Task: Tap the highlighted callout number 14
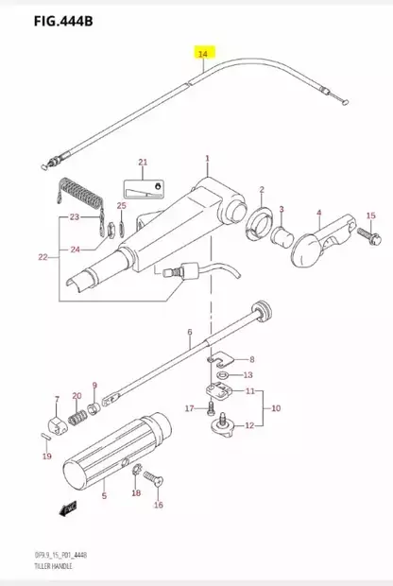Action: click(202, 55)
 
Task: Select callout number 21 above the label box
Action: click(143, 162)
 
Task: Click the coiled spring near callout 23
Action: click(77, 195)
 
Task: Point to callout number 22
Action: click(41, 257)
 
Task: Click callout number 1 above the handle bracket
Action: click(208, 157)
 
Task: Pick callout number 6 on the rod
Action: click(189, 333)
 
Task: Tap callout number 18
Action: click(136, 493)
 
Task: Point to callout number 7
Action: click(57, 400)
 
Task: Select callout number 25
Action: click(121, 206)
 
